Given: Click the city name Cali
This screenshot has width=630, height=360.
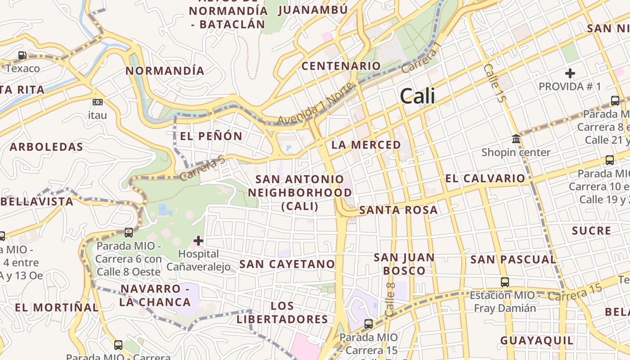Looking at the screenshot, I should coord(417,96).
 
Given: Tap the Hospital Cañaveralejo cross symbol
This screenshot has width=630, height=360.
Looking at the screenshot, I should coord(198,241).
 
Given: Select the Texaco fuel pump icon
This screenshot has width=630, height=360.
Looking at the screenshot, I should coord(22,56).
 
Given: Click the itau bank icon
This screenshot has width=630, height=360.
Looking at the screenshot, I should coord(97,102).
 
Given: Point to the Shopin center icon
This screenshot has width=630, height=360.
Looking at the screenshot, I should coord(516,139).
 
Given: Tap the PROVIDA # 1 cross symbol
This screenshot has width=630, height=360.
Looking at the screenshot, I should coord(570,73).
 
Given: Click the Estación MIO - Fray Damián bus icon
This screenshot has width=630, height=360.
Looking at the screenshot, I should coord(505,282).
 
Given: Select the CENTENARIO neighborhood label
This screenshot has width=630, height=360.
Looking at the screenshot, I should coord(341,66).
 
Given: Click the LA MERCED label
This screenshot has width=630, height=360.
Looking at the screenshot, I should coord(366,145).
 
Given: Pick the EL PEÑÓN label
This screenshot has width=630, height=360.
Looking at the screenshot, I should coord(211,136).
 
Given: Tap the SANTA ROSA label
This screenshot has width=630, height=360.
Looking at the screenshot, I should coord(398,210).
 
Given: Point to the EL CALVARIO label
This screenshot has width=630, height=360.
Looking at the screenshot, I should coord(485,179).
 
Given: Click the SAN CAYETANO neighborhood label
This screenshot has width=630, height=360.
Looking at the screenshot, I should coord(287,264).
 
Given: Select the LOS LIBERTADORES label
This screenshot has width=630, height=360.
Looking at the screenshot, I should coord(283,313).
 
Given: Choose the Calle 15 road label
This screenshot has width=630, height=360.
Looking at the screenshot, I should coord(495,83).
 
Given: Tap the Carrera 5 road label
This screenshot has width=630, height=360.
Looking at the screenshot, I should coord(202,168).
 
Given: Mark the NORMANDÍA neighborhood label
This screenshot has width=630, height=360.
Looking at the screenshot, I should coord(165,71).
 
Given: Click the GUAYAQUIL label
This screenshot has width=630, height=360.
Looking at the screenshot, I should coord(537,341).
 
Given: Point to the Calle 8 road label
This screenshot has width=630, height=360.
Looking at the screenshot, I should coord(390,299).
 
